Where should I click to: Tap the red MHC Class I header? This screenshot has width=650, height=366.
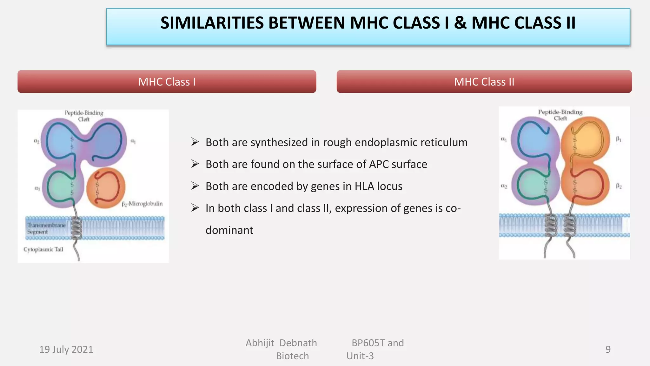click(x=167, y=82)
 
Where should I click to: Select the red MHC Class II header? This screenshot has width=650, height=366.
click(x=484, y=82)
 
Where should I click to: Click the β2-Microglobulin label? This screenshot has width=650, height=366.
click(x=142, y=204)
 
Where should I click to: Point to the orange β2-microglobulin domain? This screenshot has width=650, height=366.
click(x=106, y=188)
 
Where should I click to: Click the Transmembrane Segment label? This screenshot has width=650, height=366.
click(x=46, y=228)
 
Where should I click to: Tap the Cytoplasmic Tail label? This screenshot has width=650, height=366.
click(x=43, y=249)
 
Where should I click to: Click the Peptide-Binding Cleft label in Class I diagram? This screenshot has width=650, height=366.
click(x=84, y=116)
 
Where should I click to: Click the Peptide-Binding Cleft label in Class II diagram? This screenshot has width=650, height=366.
click(x=560, y=115)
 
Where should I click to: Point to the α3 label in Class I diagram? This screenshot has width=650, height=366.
click(x=37, y=188)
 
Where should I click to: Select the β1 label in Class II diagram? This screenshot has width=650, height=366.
click(x=618, y=139)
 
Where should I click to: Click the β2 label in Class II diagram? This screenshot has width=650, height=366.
click(x=619, y=186)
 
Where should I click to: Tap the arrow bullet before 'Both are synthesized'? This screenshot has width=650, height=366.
click(x=195, y=142)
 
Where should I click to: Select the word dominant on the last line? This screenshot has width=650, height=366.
click(x=229, y=230)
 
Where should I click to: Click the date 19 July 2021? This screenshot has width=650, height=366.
click(x=66, y=349)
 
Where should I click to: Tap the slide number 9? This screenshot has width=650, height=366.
click(x=608, y=349)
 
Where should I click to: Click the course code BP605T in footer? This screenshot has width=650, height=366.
click(x=368, y=343)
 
